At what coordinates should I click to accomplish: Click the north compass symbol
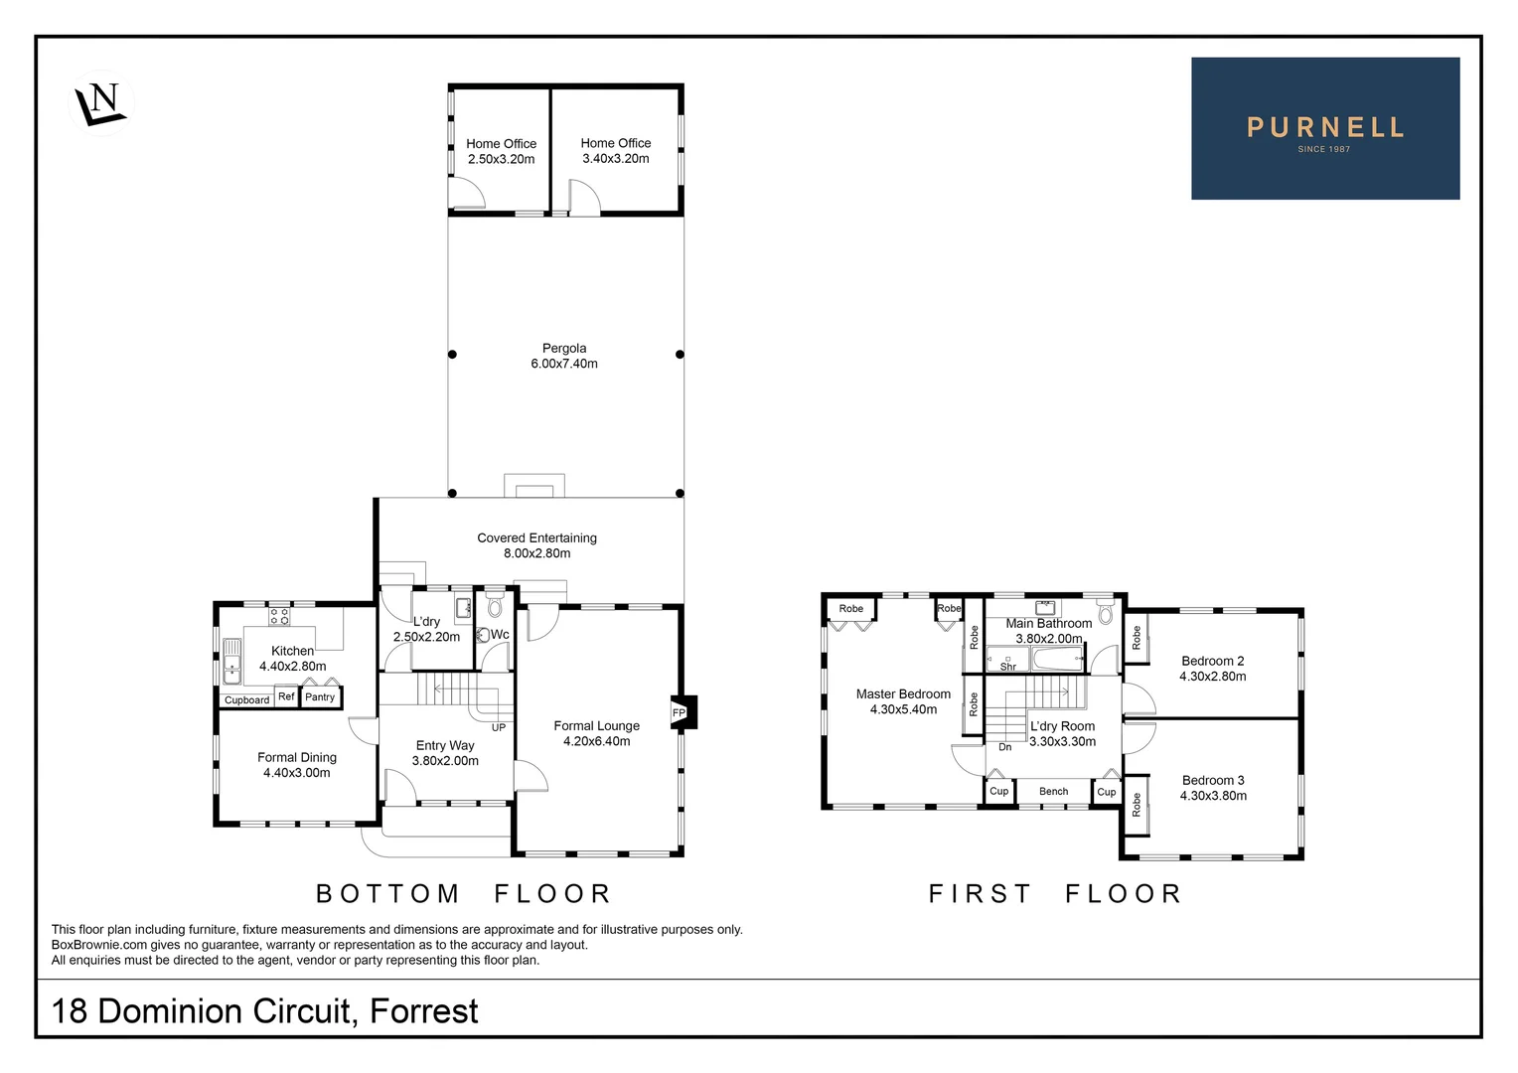coord(101,102)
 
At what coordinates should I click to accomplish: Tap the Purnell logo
coord(1324,129)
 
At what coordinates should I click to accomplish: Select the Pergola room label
coord(564,349)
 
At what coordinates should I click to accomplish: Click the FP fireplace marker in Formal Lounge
coord(680,712)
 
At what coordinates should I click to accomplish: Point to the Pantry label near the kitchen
coord(320,697)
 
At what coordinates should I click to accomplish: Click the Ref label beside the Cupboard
coord(286,696)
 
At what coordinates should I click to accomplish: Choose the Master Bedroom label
coord(903,694)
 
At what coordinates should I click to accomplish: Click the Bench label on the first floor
coord(1053,792)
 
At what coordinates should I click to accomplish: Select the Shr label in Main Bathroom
coord(1007,667)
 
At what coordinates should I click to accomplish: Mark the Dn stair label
coord(1005,747)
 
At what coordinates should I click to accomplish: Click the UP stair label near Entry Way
coord(499,727)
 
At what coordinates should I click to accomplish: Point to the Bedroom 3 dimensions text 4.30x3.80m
coord(1213,796)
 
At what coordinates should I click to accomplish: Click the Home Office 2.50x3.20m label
coord(501,152)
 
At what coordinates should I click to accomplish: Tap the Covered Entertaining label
coord(536,538)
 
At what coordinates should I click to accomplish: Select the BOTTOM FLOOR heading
coord(463,894)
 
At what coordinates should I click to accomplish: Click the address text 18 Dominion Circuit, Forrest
coord(264,1011)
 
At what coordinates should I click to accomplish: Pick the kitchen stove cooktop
coord(279,616)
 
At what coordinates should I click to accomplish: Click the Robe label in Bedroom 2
coord(1137,638)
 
